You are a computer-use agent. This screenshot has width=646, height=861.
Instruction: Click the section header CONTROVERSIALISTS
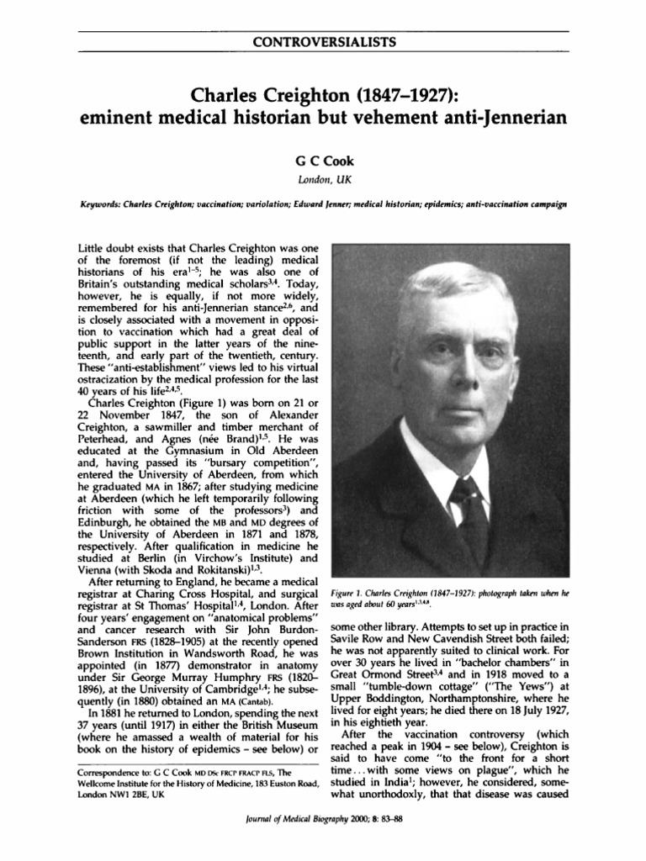(323, 41)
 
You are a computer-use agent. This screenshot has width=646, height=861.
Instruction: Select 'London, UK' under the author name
(323, 178)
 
